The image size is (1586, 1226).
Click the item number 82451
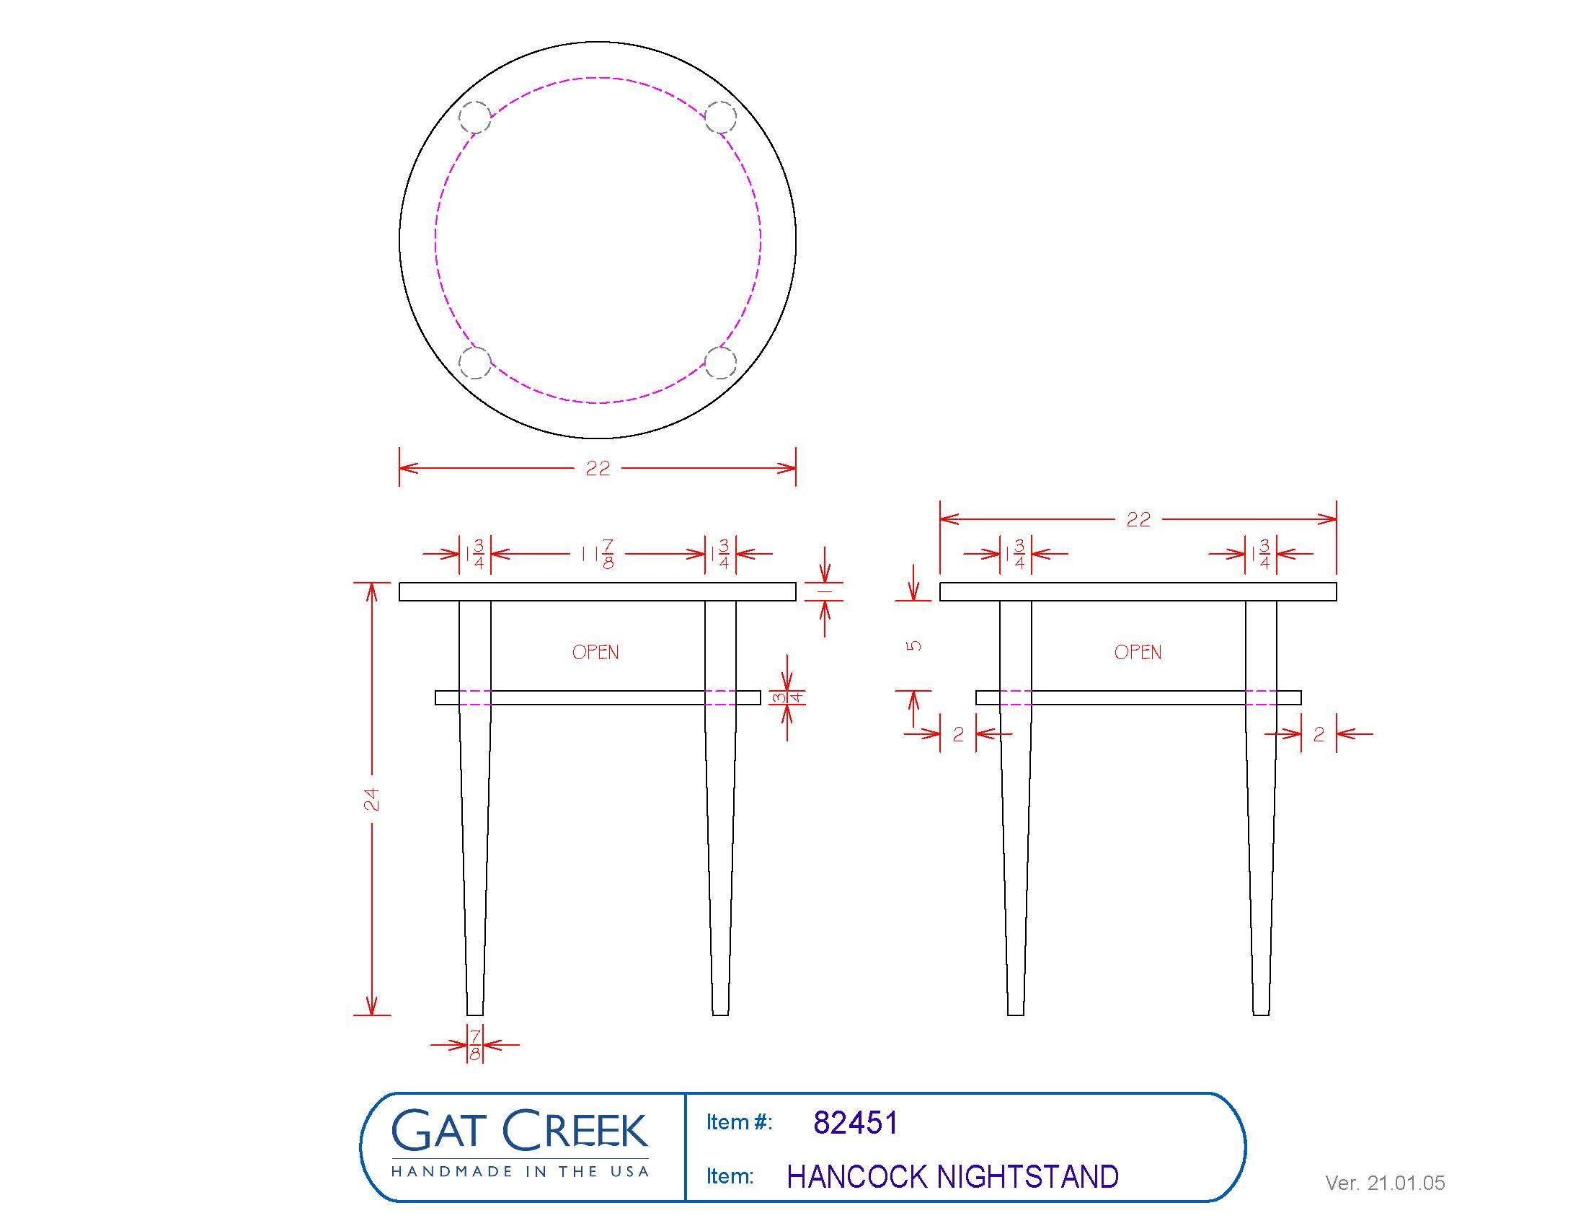click(x=856, y=1123)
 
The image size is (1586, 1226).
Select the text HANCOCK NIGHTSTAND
click(x=953, y=1178)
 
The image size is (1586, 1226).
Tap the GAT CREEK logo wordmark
click(x=519, y=1130)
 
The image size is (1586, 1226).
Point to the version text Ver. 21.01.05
click(x=1385, y=1183)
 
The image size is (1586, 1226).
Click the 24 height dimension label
click(x=371, y=799)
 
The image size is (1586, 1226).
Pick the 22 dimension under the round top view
click(x=598, y=469)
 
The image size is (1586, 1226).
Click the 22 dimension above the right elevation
click(x=1138, y=519)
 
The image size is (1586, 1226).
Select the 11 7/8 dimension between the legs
click(x=598, y=554)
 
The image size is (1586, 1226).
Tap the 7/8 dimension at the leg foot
click(x=475, y=1045)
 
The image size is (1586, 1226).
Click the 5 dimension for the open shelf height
click(x=915, y=645)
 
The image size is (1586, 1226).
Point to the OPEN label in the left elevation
click(x=595, y=652)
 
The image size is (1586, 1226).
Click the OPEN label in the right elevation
click(x=1138, y=652)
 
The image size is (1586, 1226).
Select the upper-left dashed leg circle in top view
click(x=476, y=118)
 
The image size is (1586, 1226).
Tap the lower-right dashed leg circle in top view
click(x=720, y=363)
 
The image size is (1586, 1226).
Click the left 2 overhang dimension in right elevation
click(x=958, y=734)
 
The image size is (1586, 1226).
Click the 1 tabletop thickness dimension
click(x=825, y=592)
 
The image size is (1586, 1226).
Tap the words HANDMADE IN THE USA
click(x=520, y=1170)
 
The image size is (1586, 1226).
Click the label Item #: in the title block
click(x=739, y=1123)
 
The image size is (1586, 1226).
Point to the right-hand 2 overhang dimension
click(x=1319, y=734)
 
